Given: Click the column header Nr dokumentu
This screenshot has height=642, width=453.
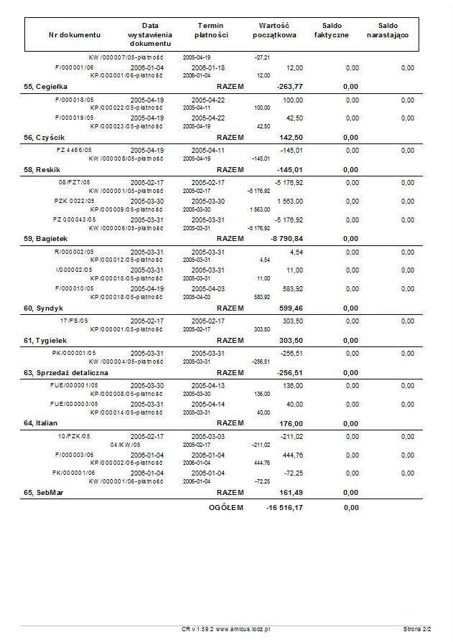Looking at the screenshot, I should click(x=75, y=34).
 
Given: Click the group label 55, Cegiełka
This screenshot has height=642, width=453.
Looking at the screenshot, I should click(x=45, y=85).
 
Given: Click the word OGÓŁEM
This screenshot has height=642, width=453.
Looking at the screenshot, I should click(x=226, y=508).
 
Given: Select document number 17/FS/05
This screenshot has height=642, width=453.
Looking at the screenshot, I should click(x=74, y=321).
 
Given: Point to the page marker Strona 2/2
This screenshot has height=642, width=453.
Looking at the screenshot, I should click(x=417, y=629).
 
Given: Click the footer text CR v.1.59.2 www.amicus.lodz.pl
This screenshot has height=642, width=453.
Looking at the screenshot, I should click(x=225, y=629).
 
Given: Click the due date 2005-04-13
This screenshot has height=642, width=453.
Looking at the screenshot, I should click(x=208, y=385).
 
